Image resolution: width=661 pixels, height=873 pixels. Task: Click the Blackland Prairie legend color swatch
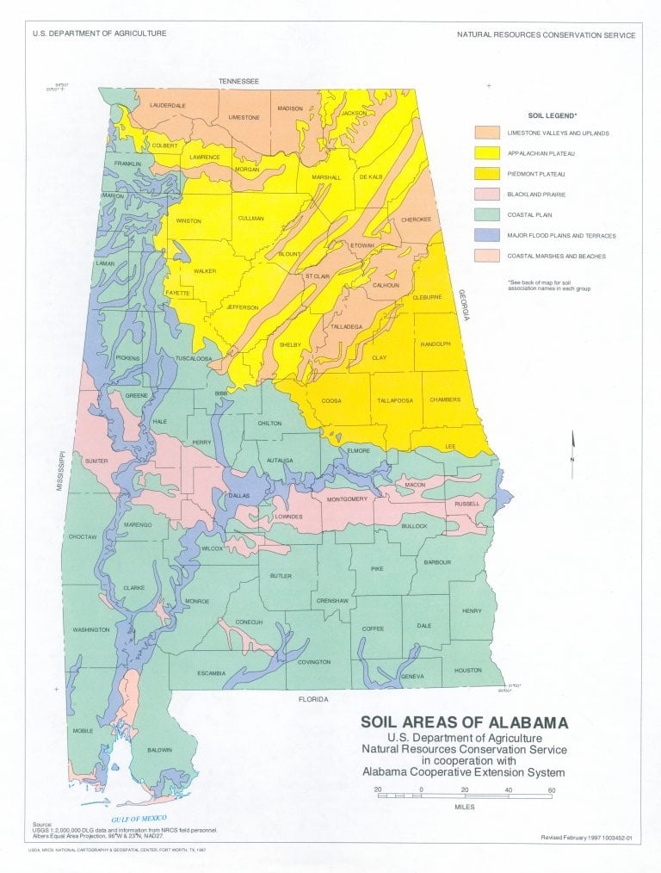487,195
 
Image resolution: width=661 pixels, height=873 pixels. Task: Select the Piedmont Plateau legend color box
487,174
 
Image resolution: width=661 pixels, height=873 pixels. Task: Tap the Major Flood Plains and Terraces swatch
487,235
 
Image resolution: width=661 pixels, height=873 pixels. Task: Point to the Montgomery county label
347,499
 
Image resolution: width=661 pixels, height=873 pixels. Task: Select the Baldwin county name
160,750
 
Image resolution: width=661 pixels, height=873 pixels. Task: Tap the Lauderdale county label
168,105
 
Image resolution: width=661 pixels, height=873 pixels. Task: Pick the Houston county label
467,670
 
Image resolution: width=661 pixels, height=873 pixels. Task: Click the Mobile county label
83,730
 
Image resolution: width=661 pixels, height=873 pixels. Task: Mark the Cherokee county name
416,220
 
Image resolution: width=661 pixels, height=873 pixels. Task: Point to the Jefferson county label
242,307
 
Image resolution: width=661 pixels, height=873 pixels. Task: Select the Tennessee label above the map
238,81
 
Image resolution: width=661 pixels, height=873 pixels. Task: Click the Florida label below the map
313,700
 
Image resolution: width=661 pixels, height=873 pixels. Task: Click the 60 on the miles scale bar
551,789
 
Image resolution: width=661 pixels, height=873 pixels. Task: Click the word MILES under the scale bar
465,808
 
